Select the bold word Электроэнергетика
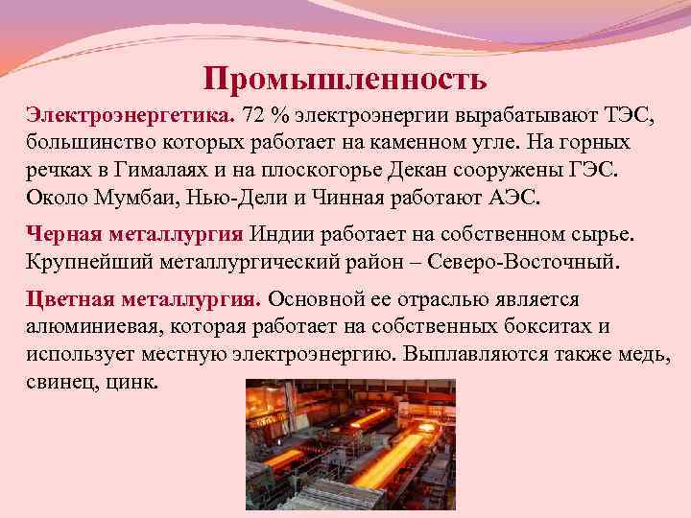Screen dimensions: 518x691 coord(128,116)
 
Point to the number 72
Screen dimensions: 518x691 coord(254,116)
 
